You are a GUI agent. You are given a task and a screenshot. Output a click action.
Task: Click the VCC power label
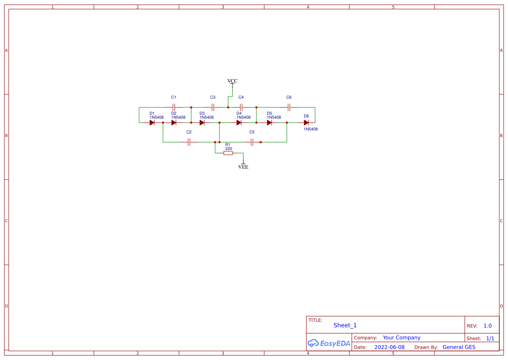click(232, 81)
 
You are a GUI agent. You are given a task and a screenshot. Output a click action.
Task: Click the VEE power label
click(243, 167)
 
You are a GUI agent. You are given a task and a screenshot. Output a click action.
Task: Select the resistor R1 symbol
click(228, 153)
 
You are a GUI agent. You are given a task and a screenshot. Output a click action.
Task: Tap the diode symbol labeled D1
click(152, 123)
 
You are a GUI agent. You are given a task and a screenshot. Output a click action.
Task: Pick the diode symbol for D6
click(306, 123)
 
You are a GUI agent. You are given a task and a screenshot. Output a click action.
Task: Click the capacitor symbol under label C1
click(174, 107)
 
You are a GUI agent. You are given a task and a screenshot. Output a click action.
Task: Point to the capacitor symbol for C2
click(189, 142)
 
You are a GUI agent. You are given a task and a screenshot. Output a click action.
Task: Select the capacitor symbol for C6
click(289, 107)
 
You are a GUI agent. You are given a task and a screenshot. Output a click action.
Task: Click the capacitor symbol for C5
click(252, 142)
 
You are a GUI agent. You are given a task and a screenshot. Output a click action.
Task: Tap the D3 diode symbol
click(202, 123)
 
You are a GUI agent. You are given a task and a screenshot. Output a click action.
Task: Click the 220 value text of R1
click(229, 149)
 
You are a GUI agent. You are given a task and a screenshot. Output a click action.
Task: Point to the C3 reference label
click(212, 97)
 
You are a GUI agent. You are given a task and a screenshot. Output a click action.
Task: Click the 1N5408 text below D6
click(311, 129)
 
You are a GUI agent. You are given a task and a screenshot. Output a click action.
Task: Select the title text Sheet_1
click(345, 325)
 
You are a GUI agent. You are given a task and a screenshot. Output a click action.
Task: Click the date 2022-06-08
click(389, 347)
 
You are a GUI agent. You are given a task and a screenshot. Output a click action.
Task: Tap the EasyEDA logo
click(329, 343)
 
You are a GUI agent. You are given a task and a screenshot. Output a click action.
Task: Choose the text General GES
click(459, 347)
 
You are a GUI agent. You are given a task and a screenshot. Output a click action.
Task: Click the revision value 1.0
click(488, 326)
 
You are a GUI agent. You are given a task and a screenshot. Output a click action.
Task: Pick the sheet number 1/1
click(490, 339)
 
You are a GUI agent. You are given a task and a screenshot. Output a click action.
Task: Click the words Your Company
click(402, 338)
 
